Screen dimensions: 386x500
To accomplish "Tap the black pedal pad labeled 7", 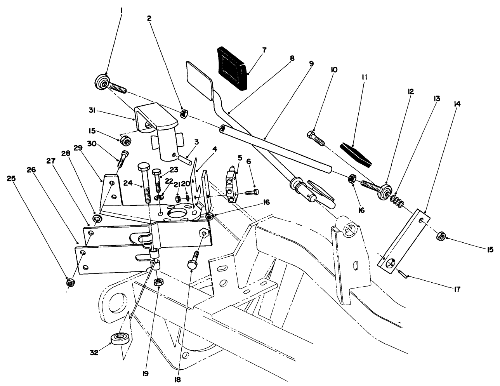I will [x=232, y=68].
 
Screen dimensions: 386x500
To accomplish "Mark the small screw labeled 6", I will [x=252, y=192].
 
